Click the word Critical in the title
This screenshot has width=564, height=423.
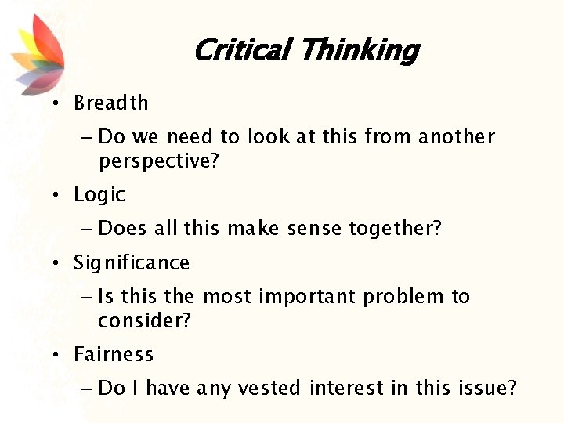pyautogui.click(x=242, y=50)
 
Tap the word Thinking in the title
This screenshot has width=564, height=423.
pyautogui.click(x=359, y=50)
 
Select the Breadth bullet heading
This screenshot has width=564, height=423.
pyautogui.click(x=110, y=103)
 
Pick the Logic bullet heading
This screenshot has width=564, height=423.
pyautogui.click(x=99, y=194)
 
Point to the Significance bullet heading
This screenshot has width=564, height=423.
pyautogui.click(x=131, y=262)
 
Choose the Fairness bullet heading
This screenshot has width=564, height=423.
pyautogui.click(x=113, y=354)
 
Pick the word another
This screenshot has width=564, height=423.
pyautogui.click(x=456, y=136)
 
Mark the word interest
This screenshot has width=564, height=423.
pyautogui.click(x=342, y=388)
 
